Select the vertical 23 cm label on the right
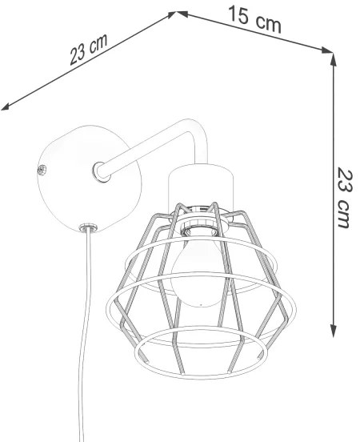click(344, 197)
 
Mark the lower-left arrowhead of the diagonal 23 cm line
click(6, 105)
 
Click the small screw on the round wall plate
click(42, 168)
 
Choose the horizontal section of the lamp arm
click(144, 147)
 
